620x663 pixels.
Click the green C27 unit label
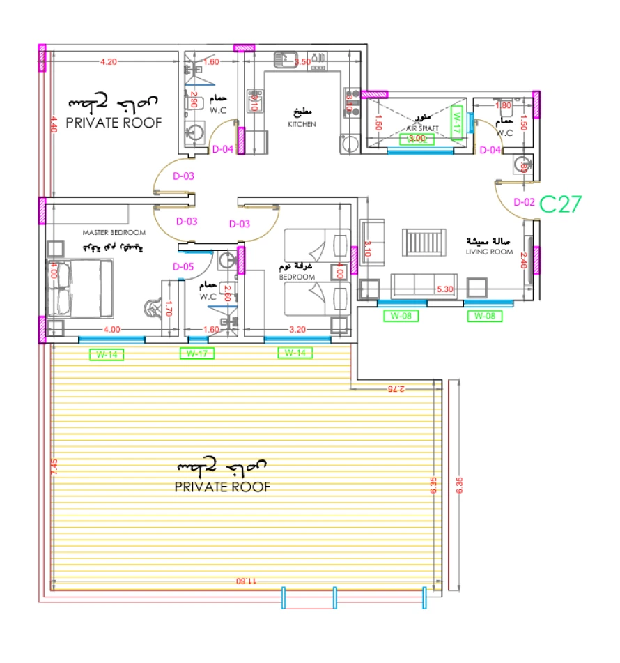pyautogui.click(x=560, y=204)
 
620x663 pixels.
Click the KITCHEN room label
pyautogui.click(x=302, y=124)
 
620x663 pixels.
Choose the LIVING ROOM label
pyautogui.click(x=489, y=252)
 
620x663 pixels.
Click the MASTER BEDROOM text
pyautogui.click(x=114, y=233)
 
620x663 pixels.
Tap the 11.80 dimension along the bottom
pyautogui.click(x=246, y=581)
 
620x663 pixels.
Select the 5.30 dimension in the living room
pyautogui.click(x=446, y=289)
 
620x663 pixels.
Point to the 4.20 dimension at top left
pyautogui.click(x=108, y=62)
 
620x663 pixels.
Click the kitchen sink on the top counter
pyautogui.click(x=285, y=59)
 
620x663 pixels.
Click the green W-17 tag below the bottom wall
pyautogui.click(x=197, y=353)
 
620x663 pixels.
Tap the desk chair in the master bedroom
pyautogui.click(x=152, y=307)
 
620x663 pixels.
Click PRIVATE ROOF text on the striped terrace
pyautogui.click(x=222, y=487)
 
